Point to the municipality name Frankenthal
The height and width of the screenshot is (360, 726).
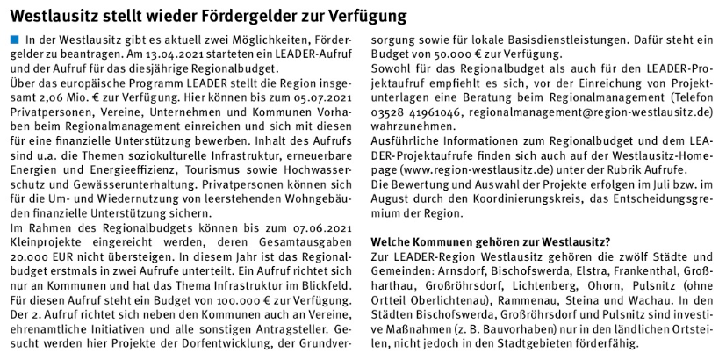coord(644,270)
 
